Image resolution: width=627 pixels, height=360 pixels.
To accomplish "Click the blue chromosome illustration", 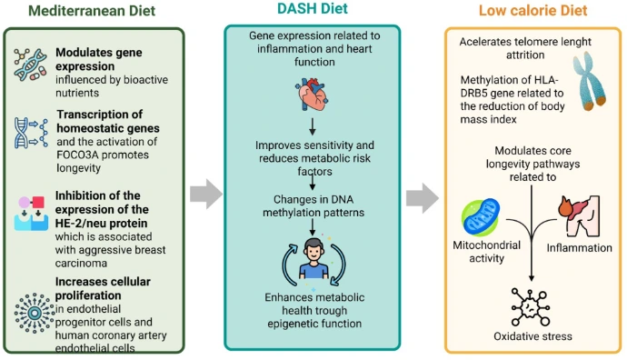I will pyautogui.click(x=587, y=90).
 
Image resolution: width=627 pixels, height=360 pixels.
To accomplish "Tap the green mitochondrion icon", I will pyautogui.click(x=480, y=215).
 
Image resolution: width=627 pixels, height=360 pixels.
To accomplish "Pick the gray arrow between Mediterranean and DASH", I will pyautogui.click(x=206, y=193).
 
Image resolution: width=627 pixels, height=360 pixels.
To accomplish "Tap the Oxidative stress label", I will pyautogui.click(x=533, y=335).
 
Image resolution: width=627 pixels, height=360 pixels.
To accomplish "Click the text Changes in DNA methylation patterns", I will pyautogui.click(x=313, y=205).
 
